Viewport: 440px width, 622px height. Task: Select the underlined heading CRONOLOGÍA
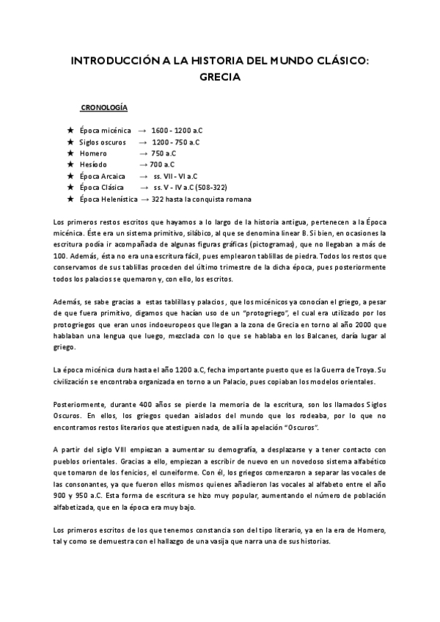pyautogui.click(x=104, y=107)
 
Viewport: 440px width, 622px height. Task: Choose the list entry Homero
pyautogui.click(x=92, y=153)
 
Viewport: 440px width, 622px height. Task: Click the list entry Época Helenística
pyautogui.click(x=107, y=200)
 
